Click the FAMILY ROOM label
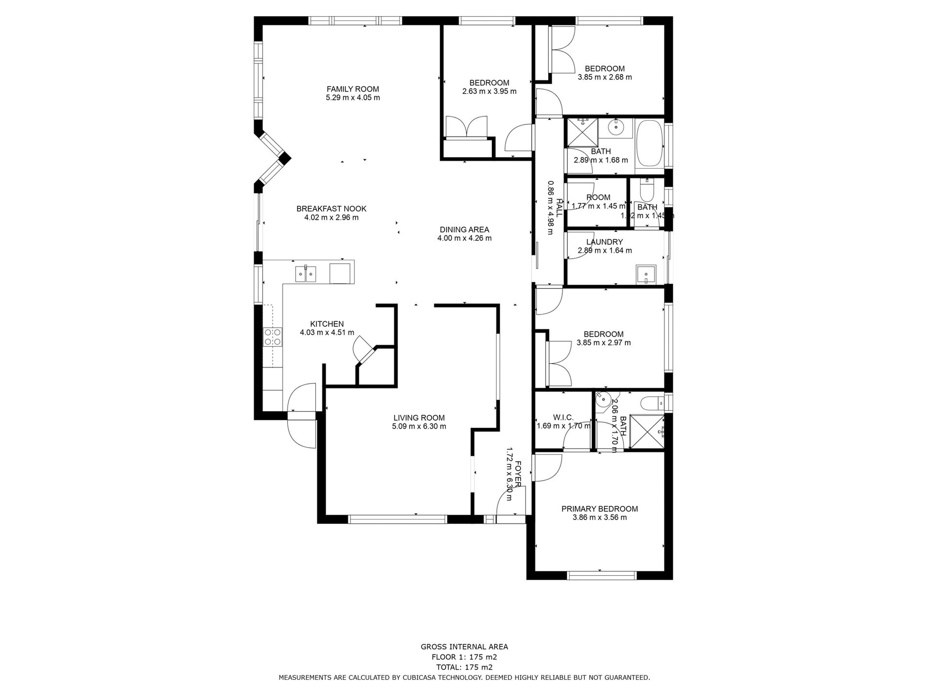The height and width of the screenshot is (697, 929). tap(353, 89)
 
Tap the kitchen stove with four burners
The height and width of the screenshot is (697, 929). tap(272, 337)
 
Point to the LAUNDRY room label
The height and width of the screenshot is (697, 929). tap(604, 242)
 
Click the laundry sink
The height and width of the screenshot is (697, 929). tap(646, 275)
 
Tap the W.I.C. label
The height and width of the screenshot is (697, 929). tap(563, 417)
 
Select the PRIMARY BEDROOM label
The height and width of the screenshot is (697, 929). tap(599, 509)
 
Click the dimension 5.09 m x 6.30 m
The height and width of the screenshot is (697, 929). tap(419, 427)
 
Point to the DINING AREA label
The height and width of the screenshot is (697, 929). tap(464, 230)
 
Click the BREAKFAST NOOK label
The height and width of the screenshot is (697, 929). tap(331, 209)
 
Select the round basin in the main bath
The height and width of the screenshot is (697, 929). tap(616, 128)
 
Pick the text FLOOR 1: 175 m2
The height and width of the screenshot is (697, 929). tap(464, 671)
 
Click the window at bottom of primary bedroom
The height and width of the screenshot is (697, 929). tap(601, 575)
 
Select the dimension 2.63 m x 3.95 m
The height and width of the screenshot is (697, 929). tap(489, 91)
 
